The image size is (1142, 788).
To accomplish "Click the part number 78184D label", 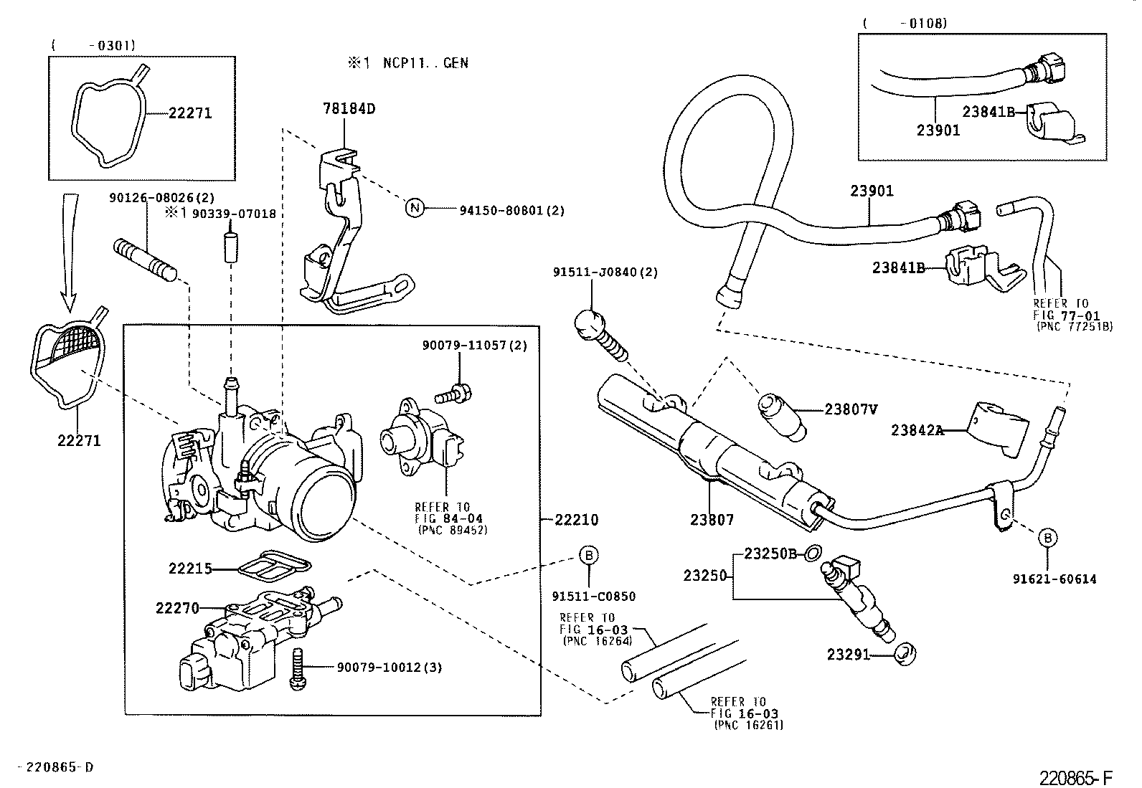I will [x=349, y=110].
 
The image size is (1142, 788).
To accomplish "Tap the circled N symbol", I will [x=415, y=209].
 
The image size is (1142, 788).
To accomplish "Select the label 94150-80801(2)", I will [x=512, y=210].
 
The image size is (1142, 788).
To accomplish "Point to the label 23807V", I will [x=851, y=409].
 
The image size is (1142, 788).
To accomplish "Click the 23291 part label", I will [x=848, y=654].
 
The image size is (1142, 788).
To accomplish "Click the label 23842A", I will [x=917, y=430].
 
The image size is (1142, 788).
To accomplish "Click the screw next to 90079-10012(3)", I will [x=298, y=670].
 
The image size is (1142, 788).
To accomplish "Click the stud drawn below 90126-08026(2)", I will [x=144, y=259].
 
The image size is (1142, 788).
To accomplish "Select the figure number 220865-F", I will [x=1077, y=777].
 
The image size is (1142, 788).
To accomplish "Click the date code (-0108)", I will [x=905, y=24].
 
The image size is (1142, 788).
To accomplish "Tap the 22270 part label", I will [x=177, y=608].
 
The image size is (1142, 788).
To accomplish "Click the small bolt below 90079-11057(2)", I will [x=453, y=393].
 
